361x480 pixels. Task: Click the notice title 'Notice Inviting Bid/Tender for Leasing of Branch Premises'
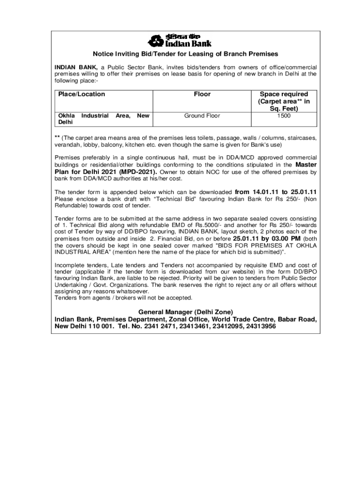coord(185,54)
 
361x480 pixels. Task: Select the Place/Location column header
coord(82,94)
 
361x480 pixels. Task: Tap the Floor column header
coord(202,94)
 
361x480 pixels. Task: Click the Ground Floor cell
coord(202,116)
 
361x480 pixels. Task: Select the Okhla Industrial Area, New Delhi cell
coord(103,119)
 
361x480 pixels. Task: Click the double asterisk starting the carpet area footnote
coord(57,138)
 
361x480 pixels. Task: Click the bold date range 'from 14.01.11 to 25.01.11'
coord(276,192)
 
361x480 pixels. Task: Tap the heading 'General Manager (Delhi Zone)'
coord(185,312)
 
